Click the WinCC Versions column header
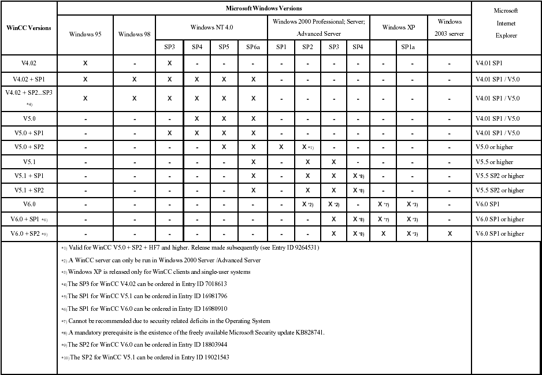(28, 28)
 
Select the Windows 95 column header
(85, 34)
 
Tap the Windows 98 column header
(134, 34)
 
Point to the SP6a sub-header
(253, 47)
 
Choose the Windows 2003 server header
(449, 28)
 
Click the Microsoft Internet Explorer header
(506, 23)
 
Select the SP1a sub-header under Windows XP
(410, 47)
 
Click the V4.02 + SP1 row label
(28, 79)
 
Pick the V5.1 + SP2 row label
(28, 190)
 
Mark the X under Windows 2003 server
(449, 233)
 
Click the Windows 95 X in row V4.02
(85, 62)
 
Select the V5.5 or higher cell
(494, 162)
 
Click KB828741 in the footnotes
(309, 332)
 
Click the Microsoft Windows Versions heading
(263, 9)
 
